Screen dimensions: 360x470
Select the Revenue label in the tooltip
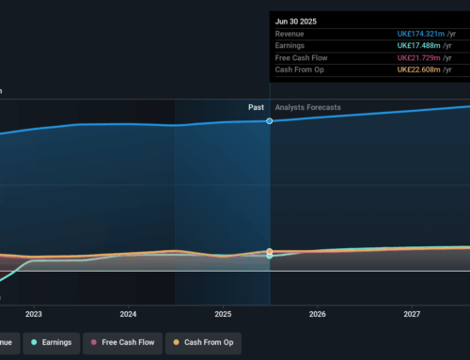tap(290, 34)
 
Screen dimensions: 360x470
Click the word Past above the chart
tap(256, 107)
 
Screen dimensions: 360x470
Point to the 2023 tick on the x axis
tap(34, 314)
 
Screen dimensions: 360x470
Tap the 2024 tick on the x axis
tap(129, 314)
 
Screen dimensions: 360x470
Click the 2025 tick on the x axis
tap(223, 314)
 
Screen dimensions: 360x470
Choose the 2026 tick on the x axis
tap(318, 314)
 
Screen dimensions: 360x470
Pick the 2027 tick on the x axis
tap(413, 314)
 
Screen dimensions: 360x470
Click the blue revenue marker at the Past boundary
tap(270, 121)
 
